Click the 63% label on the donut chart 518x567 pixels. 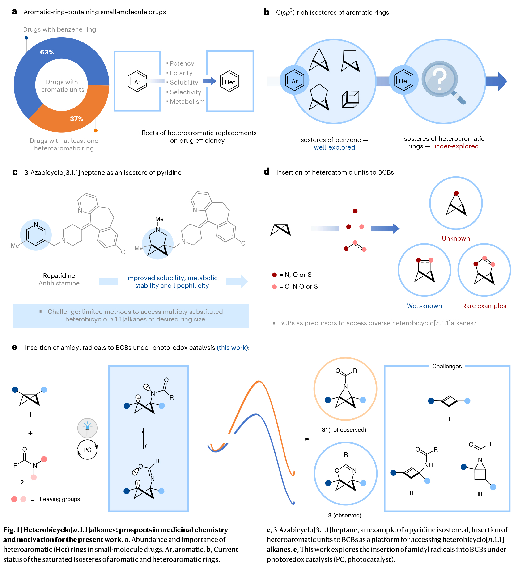coord(47,52)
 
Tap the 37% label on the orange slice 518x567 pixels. coord(76,119)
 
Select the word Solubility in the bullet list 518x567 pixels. coord(184,82)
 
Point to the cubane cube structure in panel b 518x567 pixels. coord(351,99)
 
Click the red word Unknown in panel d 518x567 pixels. coord(455,238)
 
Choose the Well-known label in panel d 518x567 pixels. coord(424,306)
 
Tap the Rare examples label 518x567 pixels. coord(484,306)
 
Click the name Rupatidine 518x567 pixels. coord(59,276)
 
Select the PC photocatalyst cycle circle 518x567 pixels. coord(87,450)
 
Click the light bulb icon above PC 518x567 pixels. coord(87,428)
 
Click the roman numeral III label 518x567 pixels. coord(480,494)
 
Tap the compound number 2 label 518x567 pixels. coord(22,482)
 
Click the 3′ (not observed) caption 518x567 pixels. coord(344,430)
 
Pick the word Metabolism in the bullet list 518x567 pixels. coord(187,101)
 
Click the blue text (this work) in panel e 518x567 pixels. coord(232,348)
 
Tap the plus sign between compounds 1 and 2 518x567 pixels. coord(30,434)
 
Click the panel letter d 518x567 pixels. coord(267,171)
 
